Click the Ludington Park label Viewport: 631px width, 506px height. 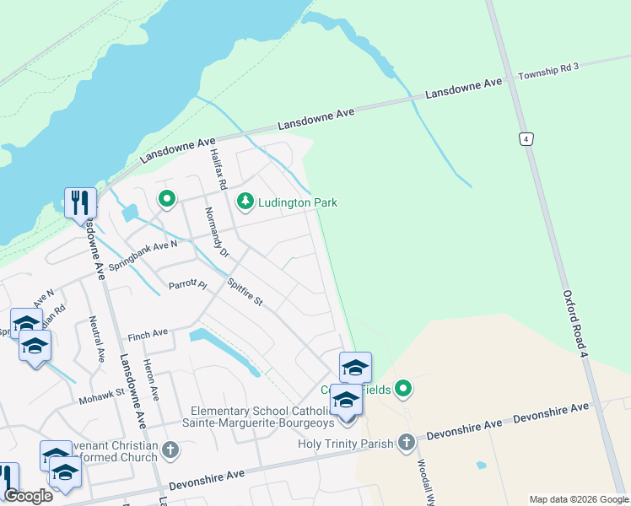tap(298, 202)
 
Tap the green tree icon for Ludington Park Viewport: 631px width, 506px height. tap(245, 202)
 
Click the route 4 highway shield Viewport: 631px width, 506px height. tap(526, 139)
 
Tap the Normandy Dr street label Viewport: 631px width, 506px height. tap(217, 232)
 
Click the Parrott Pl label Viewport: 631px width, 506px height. tap(187, 285)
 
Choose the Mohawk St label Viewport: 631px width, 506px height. tap(101, 392)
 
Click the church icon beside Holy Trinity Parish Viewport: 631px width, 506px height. tap(407, 442)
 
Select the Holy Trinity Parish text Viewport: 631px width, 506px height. tap(346, 443)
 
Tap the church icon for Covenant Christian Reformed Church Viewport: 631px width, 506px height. tap(170, 449)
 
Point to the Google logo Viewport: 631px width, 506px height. tap(28, 495)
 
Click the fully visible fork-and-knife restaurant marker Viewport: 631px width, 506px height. tap(80, 203)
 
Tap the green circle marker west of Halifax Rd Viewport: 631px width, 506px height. tap(167, 199)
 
